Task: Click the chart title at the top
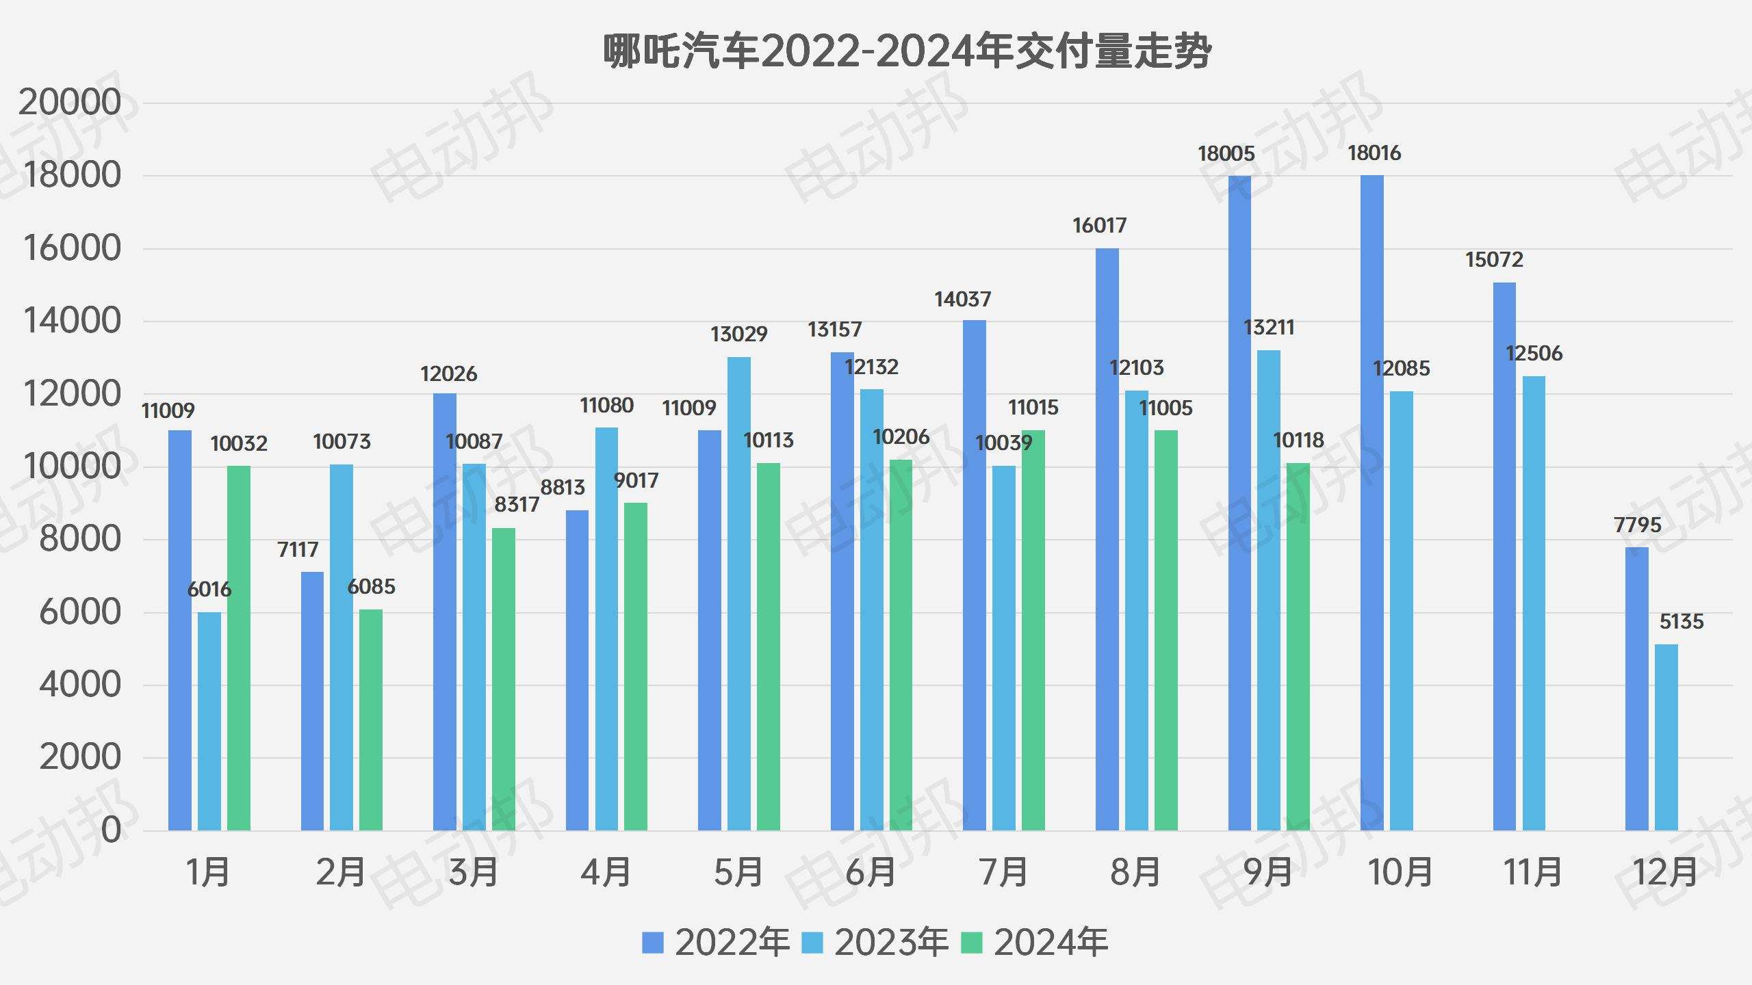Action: tap(907, 51)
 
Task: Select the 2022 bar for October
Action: tap(1371, 503)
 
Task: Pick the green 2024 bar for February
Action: tap(371, 720)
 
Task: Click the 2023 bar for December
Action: tap(1666, 737)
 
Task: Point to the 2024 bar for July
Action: tap(1033, 630)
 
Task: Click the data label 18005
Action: tap(1226, 154)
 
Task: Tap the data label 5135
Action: tap(1682, 622)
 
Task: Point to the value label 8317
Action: tap(517, 505)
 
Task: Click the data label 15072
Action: tap(1494, 260)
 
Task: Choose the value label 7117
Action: tap(298, 550)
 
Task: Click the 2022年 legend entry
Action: tap(716, 943)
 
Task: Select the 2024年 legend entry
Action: tap(1034, 943)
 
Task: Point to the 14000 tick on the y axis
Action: tap(72, 321)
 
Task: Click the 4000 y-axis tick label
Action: tap(79, 685)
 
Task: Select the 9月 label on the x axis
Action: tap(1267, 873)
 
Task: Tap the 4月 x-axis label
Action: tap(606, 873)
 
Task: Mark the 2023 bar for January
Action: tap(209, 721)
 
